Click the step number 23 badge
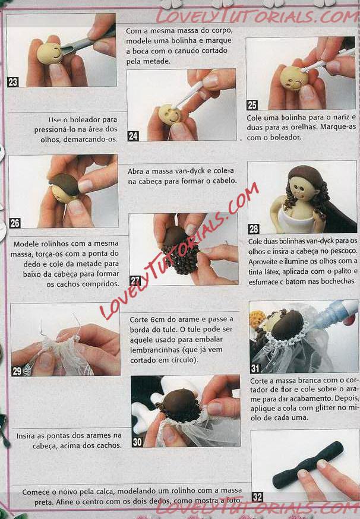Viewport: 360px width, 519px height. tap(13, 82)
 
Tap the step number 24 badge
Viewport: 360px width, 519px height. tap(133, 136)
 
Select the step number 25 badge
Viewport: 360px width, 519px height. tap(252, 105)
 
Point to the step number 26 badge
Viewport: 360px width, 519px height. tap(15, 223)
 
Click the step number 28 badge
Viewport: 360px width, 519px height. tap(254, 229)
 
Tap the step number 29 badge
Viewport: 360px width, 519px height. tap(17, 371)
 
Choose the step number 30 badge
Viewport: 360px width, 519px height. tap(137, 442)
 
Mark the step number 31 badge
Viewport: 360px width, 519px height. tap(255, 368)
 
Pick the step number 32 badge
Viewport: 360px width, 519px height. tap(257, 497)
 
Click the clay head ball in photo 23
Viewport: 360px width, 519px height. tap(50, 53)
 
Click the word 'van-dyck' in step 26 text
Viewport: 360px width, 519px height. tap(188, 172)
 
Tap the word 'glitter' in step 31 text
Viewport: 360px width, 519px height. tap(323, 408)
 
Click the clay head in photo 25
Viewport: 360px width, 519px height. tap(295, 78)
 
